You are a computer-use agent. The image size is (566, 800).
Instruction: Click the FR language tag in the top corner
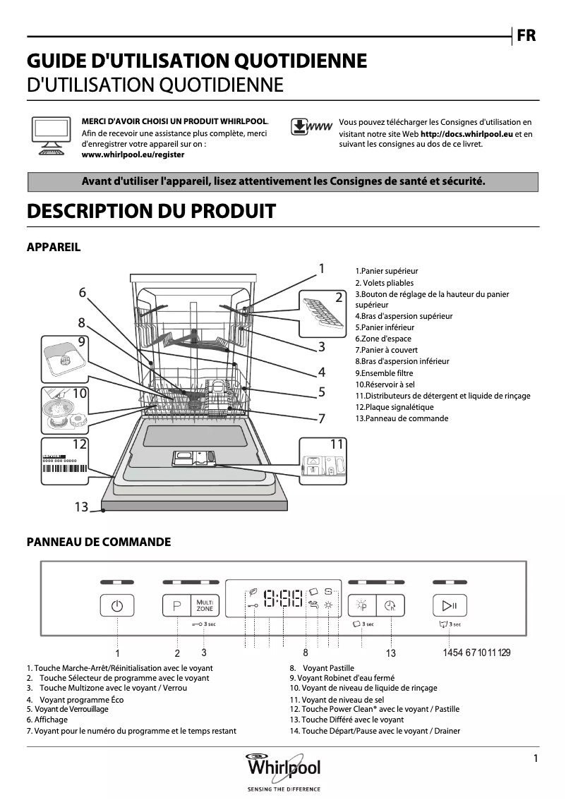pyautogui.click(x=526, y=35)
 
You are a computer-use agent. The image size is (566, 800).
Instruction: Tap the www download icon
pyautogui.click(x=311, y=128)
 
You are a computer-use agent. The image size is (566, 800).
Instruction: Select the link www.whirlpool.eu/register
pyautogui.click(x=133, y=154)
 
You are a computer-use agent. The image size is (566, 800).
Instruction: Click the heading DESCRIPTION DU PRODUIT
pyautogui.click(x=150, y=211)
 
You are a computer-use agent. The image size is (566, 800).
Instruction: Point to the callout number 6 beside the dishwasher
pyautogui.click(x=83, y=292)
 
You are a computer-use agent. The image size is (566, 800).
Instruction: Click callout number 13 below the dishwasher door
pyautogui.click(x=82, y=507)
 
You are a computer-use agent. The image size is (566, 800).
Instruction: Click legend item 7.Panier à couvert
pyautogui.click(x=386, y=350)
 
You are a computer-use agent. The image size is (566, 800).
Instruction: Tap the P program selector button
pyautogui.click(x=176, y=606)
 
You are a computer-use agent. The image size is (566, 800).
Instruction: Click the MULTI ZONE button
pyautogui.click(x=205, y=606)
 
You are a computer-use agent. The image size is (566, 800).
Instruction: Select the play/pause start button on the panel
pyautogui.click(x=450, y=606)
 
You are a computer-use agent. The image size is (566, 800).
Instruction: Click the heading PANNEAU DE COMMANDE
pyautogui.click(x=99, y=542)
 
